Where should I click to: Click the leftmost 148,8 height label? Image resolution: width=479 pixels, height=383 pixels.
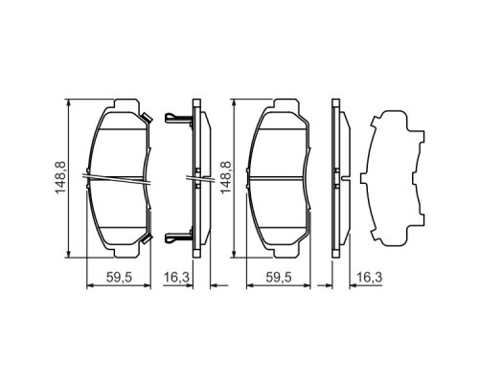pos(60,178)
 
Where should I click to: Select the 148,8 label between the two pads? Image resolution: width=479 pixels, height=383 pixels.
pos(225,178)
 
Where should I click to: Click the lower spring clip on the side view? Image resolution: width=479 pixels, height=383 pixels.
pos(176,238)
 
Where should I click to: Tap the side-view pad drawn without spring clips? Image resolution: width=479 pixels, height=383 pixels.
pos(338,178)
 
